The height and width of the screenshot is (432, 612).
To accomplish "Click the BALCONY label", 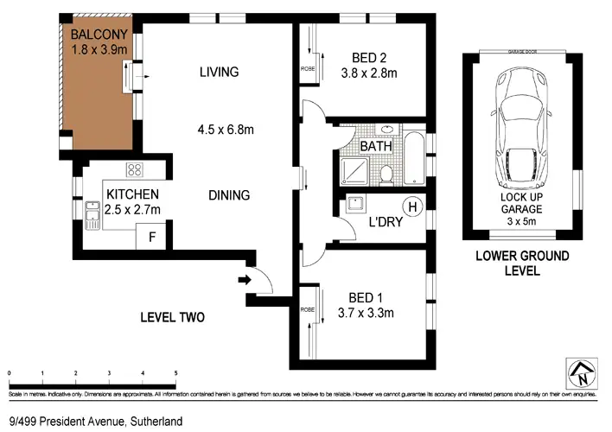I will click(x=99, y=35).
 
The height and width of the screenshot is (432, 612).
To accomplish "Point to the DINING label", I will click(x=229, y=195).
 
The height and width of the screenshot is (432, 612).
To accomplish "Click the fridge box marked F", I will click(x=152, y=234).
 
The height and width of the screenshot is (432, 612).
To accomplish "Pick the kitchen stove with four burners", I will click(x=134, y=168).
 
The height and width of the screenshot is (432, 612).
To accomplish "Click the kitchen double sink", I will click(x=92, y=213).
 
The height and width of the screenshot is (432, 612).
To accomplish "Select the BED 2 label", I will click(x=368, y=58).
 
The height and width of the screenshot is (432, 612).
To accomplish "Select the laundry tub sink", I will click(x=354, y=206).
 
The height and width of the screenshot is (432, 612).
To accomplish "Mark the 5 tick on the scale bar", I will click(x=176, y=373).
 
